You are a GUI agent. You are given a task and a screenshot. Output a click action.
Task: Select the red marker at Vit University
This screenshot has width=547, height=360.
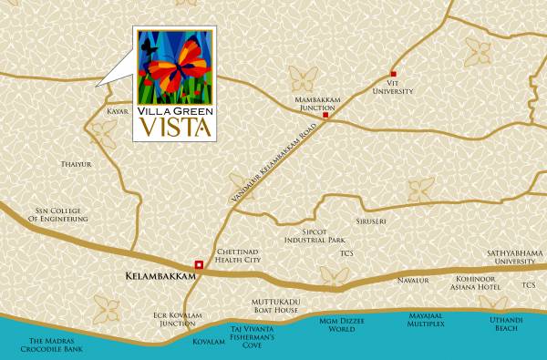click(x=394, y=74)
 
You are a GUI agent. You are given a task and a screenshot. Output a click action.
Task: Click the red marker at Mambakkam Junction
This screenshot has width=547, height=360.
click(x=325, y=116)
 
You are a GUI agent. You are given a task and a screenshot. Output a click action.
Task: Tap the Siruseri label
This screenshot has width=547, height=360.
click(x=386, y=221)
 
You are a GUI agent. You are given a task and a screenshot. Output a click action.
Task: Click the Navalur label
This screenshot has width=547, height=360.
click(x=413, y=281)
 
